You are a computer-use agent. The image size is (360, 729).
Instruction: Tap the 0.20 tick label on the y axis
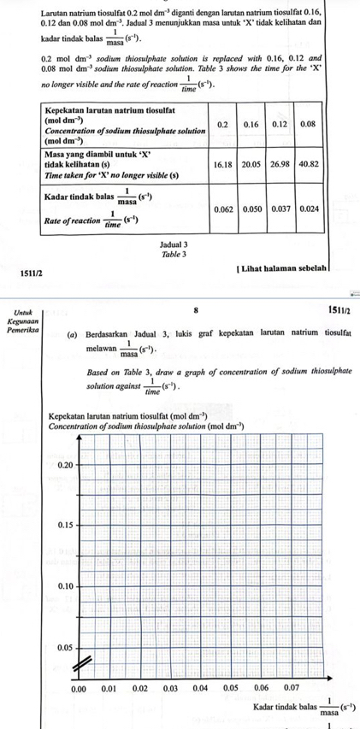(62, 464)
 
